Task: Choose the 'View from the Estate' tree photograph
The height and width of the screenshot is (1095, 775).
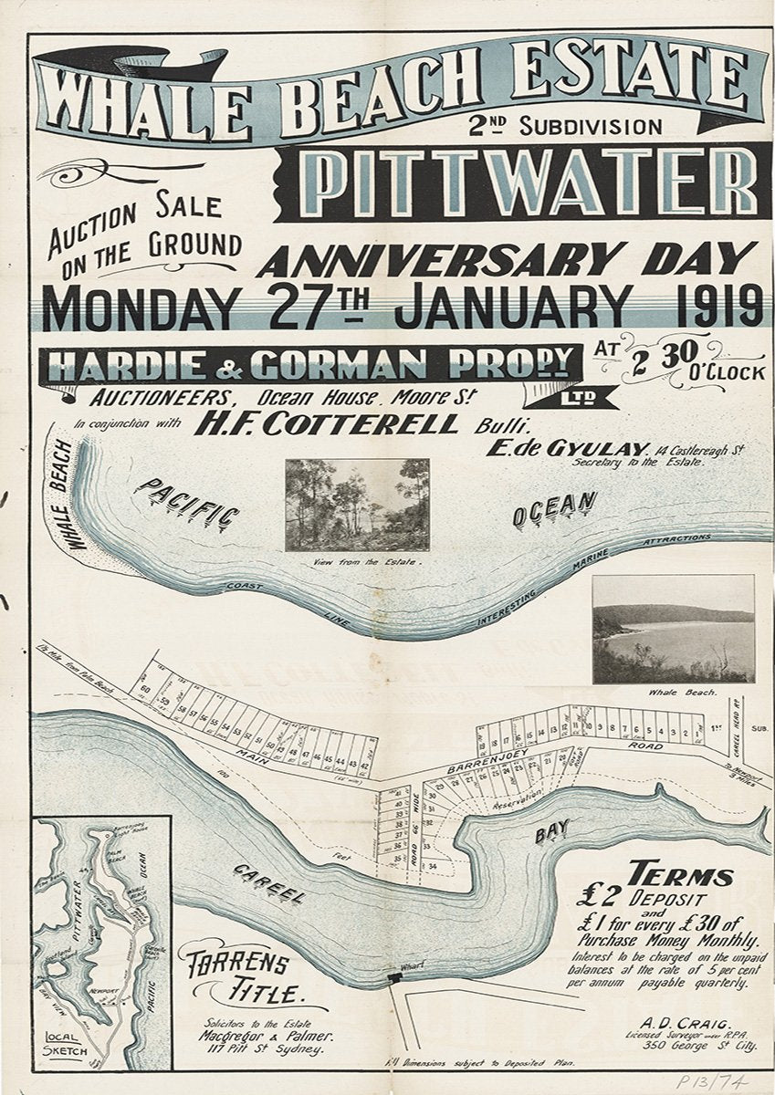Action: (357, 505)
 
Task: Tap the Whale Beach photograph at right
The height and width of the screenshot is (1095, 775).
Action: (673, 628)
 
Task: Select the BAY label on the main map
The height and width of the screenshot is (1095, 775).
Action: (553, 831)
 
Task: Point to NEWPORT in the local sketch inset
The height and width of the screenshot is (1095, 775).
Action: (108, 988)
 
